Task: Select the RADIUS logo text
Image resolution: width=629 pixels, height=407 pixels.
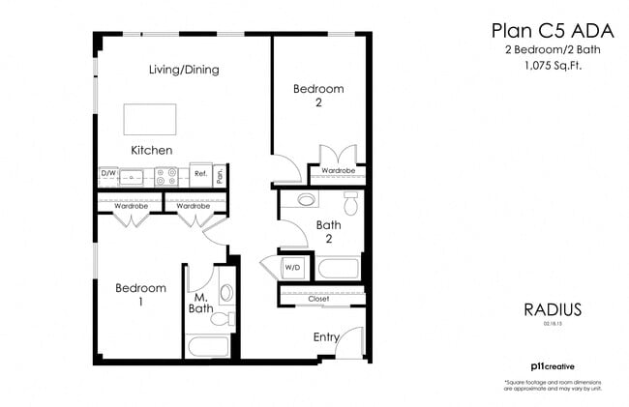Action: [x=552, y=310]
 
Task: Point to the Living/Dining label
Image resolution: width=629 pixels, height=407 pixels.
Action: [x=184, y=70]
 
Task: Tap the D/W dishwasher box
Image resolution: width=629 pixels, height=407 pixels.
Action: [x=107, y=176]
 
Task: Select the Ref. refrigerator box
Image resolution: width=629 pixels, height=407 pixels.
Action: [x=201, y=176]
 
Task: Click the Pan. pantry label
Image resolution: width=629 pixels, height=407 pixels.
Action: [x=222, y=176]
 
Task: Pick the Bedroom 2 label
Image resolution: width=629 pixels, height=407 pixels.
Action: [x=318, y=96]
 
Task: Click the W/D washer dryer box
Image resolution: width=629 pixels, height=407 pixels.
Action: [x=292, y=268]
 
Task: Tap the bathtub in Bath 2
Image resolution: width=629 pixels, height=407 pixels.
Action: [x=338, y=268]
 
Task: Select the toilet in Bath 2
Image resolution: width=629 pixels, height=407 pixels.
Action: [x=350, y=204]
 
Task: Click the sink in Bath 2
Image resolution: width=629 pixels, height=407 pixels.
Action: [x=307, y=201]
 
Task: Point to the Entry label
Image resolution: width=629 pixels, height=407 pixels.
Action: [x=327, y=336]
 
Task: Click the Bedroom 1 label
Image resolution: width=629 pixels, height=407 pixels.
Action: [x=140, y=294]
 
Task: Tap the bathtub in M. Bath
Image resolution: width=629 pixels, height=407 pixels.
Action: [x=207, y=346]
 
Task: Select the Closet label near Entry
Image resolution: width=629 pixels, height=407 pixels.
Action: [x=319, y=300]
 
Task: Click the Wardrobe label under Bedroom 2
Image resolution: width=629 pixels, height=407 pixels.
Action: [x=338, y=171]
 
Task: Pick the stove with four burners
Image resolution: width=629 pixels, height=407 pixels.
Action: [x=166, y=176]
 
